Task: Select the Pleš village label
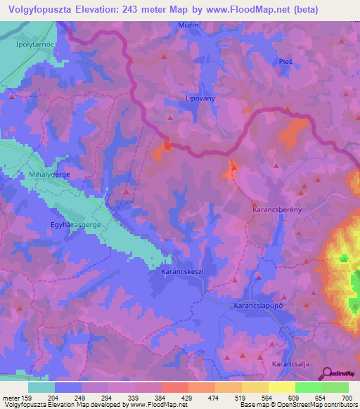(285, 61)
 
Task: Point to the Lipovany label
(200, 98)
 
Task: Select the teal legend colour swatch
(41, 387)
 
